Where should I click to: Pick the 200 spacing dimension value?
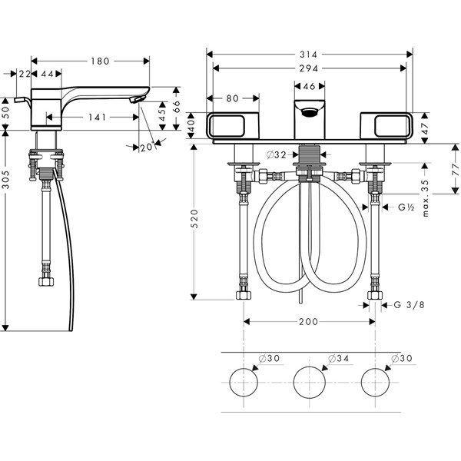(309, 323)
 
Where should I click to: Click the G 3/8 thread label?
(408, 306)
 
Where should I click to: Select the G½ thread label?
(406, 208)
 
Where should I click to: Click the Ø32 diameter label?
(277, 154)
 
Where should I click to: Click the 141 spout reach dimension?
(96, 118)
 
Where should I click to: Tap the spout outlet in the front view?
(310, 113)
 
